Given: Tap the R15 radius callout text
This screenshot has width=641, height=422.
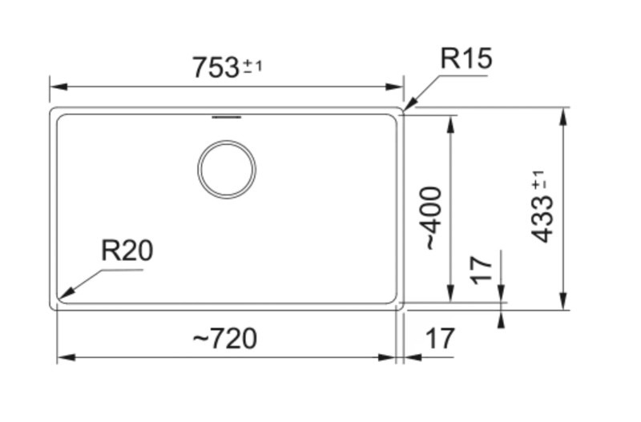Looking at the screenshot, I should [x=466, y=58].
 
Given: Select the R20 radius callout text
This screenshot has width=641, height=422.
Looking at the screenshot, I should [x=127, y=251].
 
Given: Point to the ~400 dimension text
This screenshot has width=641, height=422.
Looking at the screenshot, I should [x=433, y=218].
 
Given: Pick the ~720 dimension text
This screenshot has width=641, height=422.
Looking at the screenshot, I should [x=225, y=339].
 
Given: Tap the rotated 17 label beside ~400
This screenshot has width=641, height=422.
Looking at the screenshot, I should [x=480, y=271].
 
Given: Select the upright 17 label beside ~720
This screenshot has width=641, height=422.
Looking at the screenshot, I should [x=438, y=339].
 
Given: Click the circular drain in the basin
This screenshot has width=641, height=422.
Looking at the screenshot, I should [x=227, y=169].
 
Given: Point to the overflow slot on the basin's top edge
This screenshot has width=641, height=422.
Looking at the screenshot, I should [x=226, y=118].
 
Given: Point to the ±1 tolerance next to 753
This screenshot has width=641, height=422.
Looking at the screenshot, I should [x=252, y=66].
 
